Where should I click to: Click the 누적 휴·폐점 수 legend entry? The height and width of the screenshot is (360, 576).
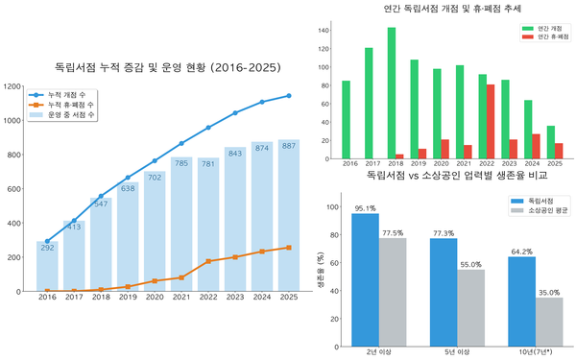coord(76,106)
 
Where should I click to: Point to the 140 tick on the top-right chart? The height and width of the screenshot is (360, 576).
coord(324,30)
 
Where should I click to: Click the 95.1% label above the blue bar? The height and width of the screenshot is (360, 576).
coord(365,207)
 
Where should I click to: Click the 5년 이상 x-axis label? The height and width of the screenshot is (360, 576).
coord(457,351)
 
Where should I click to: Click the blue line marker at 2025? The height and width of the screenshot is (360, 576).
coord(289,96)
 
